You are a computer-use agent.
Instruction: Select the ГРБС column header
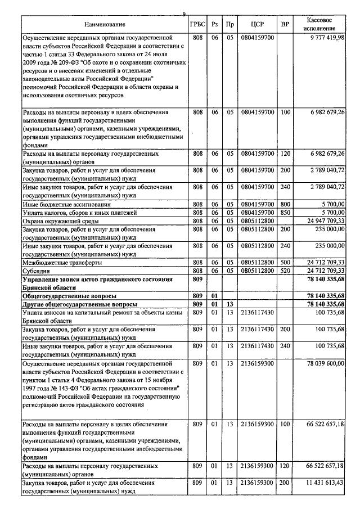[x=197, y=24]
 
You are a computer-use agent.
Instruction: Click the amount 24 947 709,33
[x=324, y=221]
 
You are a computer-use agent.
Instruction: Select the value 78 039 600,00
[x=325, y=364]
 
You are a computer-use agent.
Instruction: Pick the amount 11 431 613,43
[x=325, y=483]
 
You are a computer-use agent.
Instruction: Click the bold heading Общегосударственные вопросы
[x=69, y=295]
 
